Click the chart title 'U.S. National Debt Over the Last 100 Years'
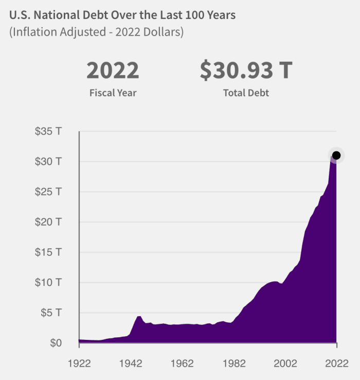[x=122, y=15]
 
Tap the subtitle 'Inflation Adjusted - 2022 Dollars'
[x=97, y=32]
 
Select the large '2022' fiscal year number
[x=113, y=71]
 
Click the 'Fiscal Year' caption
[x=113, y=93]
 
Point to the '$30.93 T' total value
[x=246, y=71]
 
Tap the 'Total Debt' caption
[x=246, y=93]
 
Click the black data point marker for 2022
[x=336, y=156]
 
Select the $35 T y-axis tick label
[x=48, y=131]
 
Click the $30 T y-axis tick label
[x=48, y=162]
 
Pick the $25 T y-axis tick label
[x=48, y=192]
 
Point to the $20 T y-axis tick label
[x=48, y=222]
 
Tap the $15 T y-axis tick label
[x=48, y=252]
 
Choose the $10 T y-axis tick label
[x=48, y=283]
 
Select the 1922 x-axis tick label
[x=79, y=363]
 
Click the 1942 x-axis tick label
[x=131, y=363]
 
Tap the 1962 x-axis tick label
[x=182, y=363]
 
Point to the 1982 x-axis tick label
[x=233, y=363]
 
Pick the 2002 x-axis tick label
[x=285, y=363]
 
